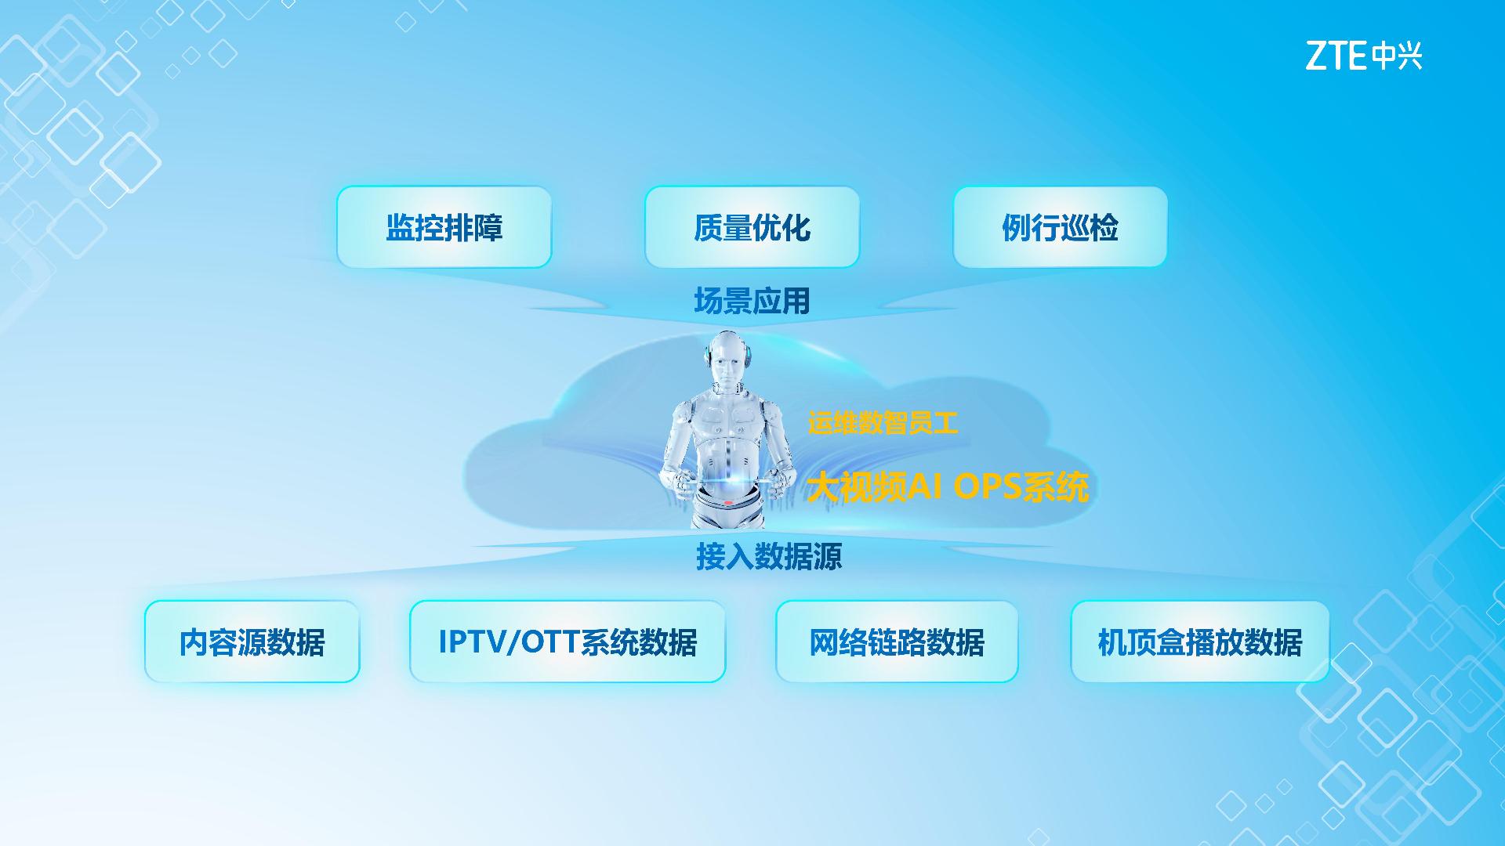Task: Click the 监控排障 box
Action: click(x=444, y=227)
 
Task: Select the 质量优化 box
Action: click(x=752, y=227)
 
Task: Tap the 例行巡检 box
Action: click(x=1061, y=227)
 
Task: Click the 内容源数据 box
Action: click(x=252, y=642)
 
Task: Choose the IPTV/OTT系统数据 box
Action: click(x=568, y=642)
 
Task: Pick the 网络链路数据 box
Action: click(x=897, y=642)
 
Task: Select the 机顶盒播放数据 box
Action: click(x=1200, y=642)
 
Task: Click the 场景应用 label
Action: click(x=752, y=301)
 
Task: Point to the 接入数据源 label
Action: click(x=769, y=556)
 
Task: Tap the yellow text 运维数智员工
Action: click(x=883, y=424)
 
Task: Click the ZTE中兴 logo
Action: click(x=1364, y=56)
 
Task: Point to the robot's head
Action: click(x=729, y=360)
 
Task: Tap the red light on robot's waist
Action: click(x=728, y=503)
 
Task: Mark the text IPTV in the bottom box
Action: click(x=473, y=642)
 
